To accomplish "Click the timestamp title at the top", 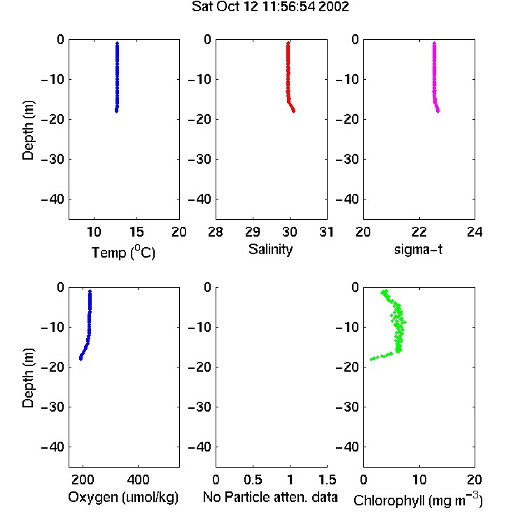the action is (x=270, y=6).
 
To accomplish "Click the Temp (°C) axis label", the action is (x=123, y=253).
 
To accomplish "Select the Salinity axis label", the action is (x=270, y=249).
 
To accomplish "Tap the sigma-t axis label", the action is (x=418, y=249).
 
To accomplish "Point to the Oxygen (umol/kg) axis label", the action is (x=123, y=497).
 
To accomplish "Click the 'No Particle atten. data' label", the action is (x=270, y=497).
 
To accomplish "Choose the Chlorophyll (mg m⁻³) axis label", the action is (x=418, y=500).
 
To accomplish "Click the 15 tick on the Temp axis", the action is (x=136, y=232).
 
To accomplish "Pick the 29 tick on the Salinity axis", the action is (x=253, y=232).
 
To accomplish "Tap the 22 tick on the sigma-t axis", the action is (x=419, y=232).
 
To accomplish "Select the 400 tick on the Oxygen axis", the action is (x=139, y=479).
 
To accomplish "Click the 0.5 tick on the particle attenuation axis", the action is (x=253, y=479).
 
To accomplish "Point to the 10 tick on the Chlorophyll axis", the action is (x=419, y=479).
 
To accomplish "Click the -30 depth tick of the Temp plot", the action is (x=52, y=160).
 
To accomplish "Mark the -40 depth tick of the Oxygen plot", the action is (x=52, y=447).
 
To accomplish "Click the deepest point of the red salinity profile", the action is (x=293, y=111).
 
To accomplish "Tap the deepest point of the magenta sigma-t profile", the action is (x=438, y=111).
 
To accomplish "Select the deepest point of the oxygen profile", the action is (x=80, y=359).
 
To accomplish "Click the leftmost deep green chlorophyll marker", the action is (x=371, y=359).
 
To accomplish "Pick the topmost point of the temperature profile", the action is (x=117, y=43).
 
